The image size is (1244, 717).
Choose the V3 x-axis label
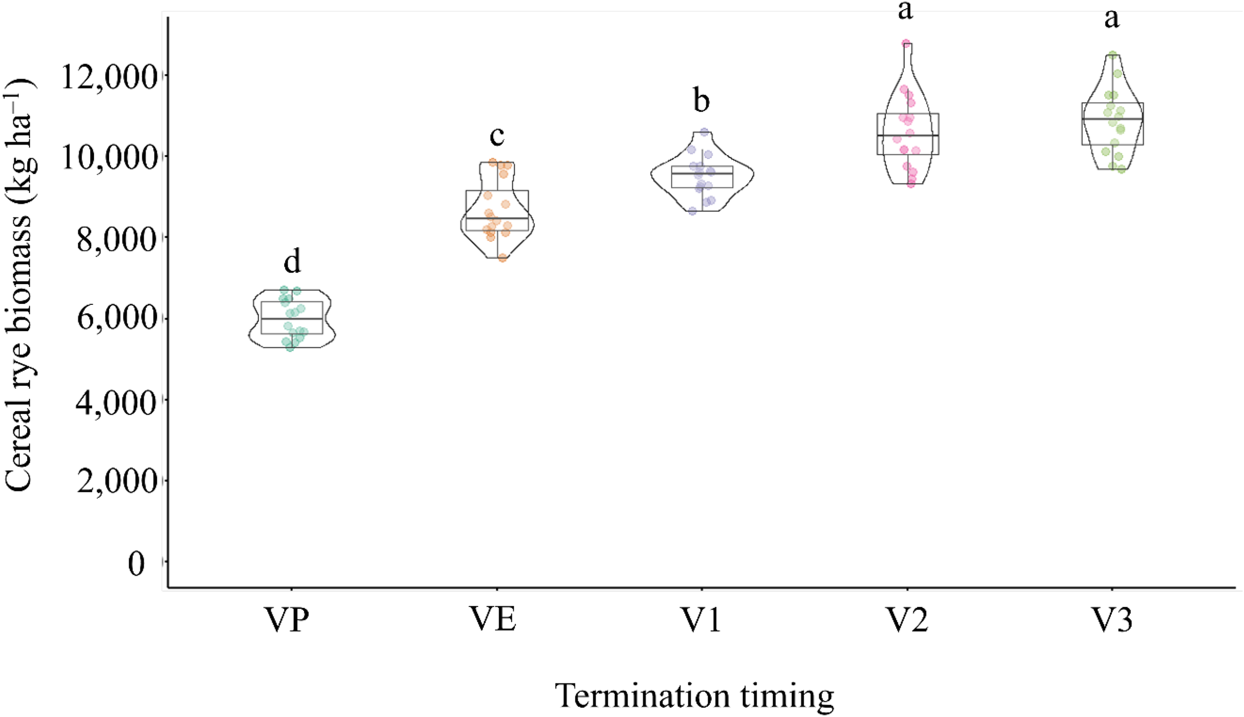tap(1112, 620)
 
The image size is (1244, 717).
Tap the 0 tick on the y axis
tap(136, 563)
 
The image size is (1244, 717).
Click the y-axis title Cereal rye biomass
tap(20, 285)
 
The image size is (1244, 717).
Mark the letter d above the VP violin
tap(292, 262)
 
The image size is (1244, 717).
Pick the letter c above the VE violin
tap(497, 136)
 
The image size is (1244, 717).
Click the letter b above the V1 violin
tap(701, 100)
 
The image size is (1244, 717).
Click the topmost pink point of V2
tap(906, 44)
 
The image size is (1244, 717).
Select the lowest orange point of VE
tap(503, 258)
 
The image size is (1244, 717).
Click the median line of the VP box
tap(292, 318)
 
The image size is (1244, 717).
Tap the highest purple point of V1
tap(704, 132)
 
